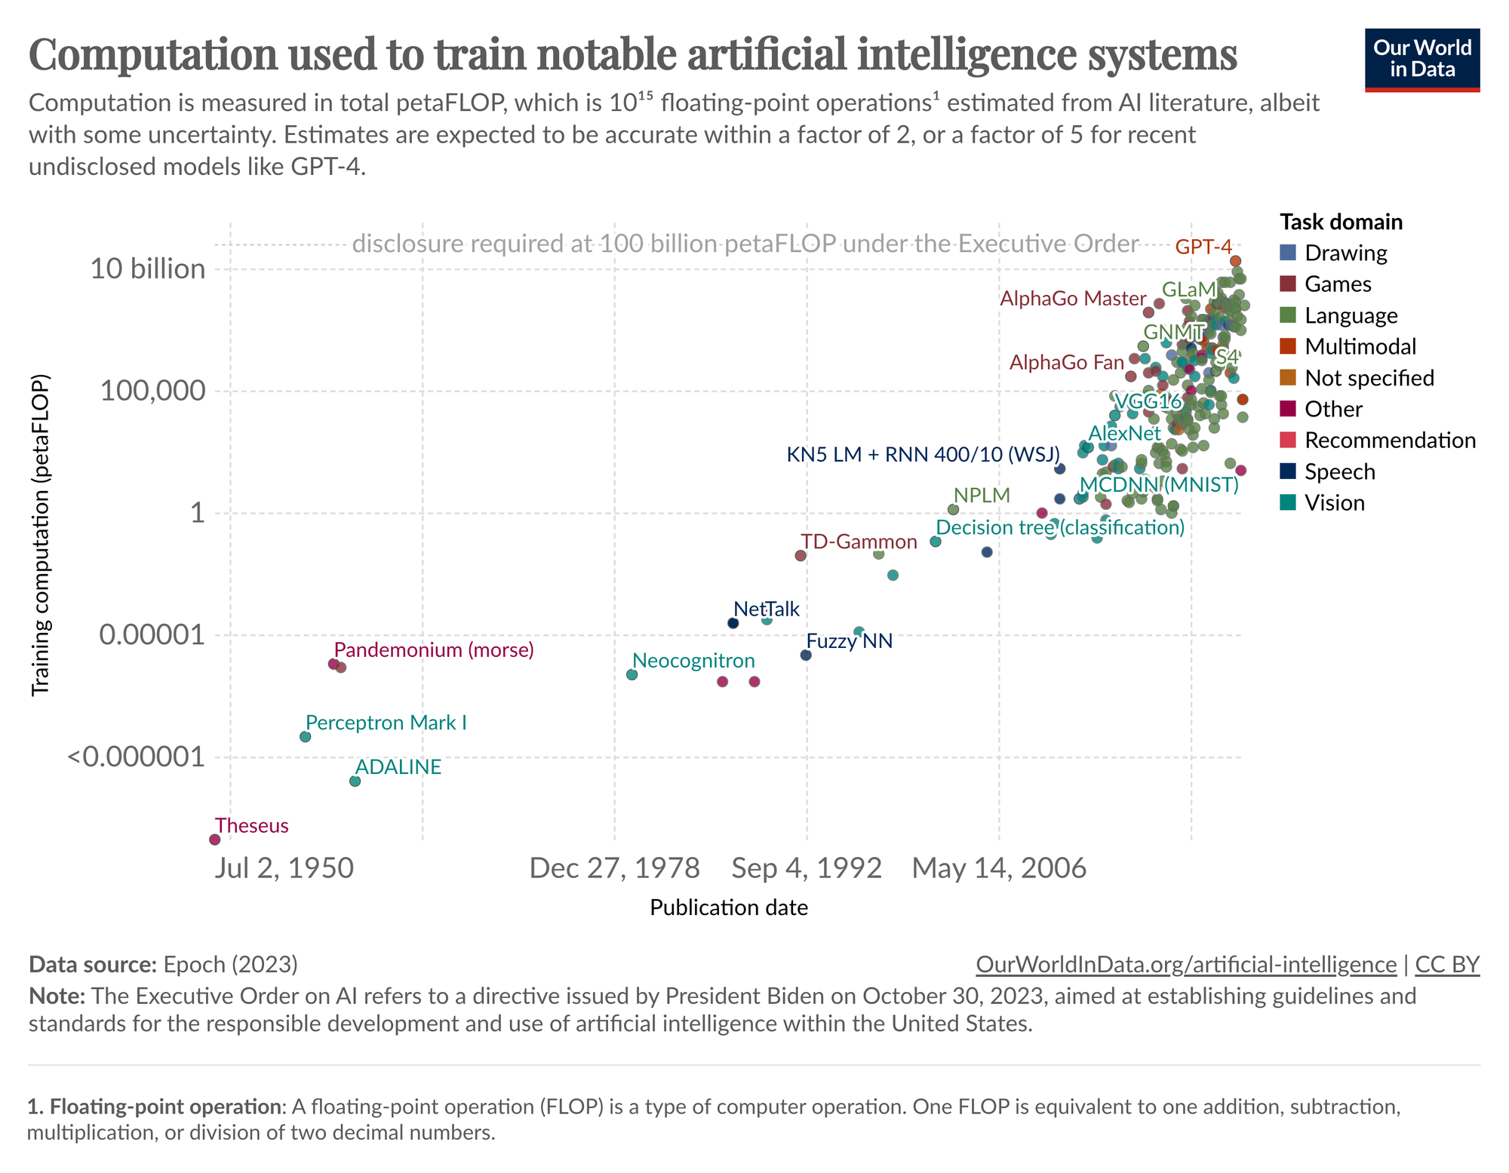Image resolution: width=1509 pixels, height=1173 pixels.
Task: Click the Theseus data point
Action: pyautogui.click(x=214, y=840)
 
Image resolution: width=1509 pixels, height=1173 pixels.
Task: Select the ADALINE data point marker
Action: pyautogui.click(x=355, y=781)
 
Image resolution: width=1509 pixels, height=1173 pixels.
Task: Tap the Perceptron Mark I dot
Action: pyautogui.click(x=305, y=736)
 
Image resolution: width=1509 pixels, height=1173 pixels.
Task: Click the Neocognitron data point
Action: pyautogui.click(x=632, y=674)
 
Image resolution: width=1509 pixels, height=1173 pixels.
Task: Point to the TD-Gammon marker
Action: pyautogui.click(x=801, y=556)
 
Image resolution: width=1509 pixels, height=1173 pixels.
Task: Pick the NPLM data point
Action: pyautogui.click(x=953, y=510)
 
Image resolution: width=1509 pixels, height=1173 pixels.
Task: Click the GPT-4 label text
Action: pyautogui.click(x=1203, y=247)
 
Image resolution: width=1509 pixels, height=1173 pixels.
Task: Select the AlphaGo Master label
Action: pyautogui.click(x=1073, y=299)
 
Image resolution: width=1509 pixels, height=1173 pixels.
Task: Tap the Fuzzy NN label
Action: pyautogui.click(x=850, y=641)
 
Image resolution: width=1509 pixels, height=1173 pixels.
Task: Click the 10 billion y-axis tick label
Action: pyautogui.click(x=148, y=269)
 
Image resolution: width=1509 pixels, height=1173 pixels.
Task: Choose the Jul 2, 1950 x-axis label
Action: pyautogui.click(x=284, y=868)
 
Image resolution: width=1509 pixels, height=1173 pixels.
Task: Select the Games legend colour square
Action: pyautogui.click(x=1289, y=284)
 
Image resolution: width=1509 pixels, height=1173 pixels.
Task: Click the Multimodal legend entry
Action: pyautogui.click(x=1360, y=346)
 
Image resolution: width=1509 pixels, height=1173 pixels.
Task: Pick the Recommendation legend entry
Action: pyautogui.click(x=1390, y=441)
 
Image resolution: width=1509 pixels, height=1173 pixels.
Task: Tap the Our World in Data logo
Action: pyautogui.click(x=1422, y=60)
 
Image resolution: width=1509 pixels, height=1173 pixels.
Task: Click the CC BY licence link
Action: pyautogui.click(x=1447, y=965)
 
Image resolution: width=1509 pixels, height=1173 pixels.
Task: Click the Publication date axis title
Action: pyautogui.click(x=729, y=907)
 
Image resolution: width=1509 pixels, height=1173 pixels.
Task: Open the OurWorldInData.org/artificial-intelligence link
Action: pyautogui.click(x=1186, y=965)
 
